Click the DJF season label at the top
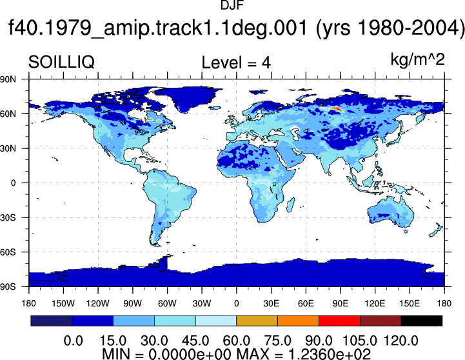pyautogui.click(x=232, y=5)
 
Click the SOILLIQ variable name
pyautogui.click(x=61, y=63)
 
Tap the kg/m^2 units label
pyautogui.click(x=417, y=59)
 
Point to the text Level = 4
pyautogui.click(x=236, y=63)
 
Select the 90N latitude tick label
pyautogui.click(x=8, y=79)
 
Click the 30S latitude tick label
pyautogui.click(x=8, y=217)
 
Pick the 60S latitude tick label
pyautogui.click(x=8, y=252)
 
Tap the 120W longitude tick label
pyautogui.click(x=98, y=303)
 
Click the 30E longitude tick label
pyautogui.click(x=271, y=303)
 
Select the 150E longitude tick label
pyautogui.click(x=410, y=303)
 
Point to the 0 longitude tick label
pyautogui.click(x=236, y=303)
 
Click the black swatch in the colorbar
pyautogui.click(x=421, y=321)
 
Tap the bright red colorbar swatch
pyautogui.click(x=339, y=321)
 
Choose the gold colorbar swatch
pyautogui.click(x=257, y=321)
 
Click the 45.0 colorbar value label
pyautogui.click(x=195, y=341)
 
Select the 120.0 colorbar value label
pyautogui.click(x=401, y=341)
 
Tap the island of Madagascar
pyautogui.click(x=291, y=205)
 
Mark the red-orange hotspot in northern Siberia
pyautogui.click(x=337, y=109)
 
